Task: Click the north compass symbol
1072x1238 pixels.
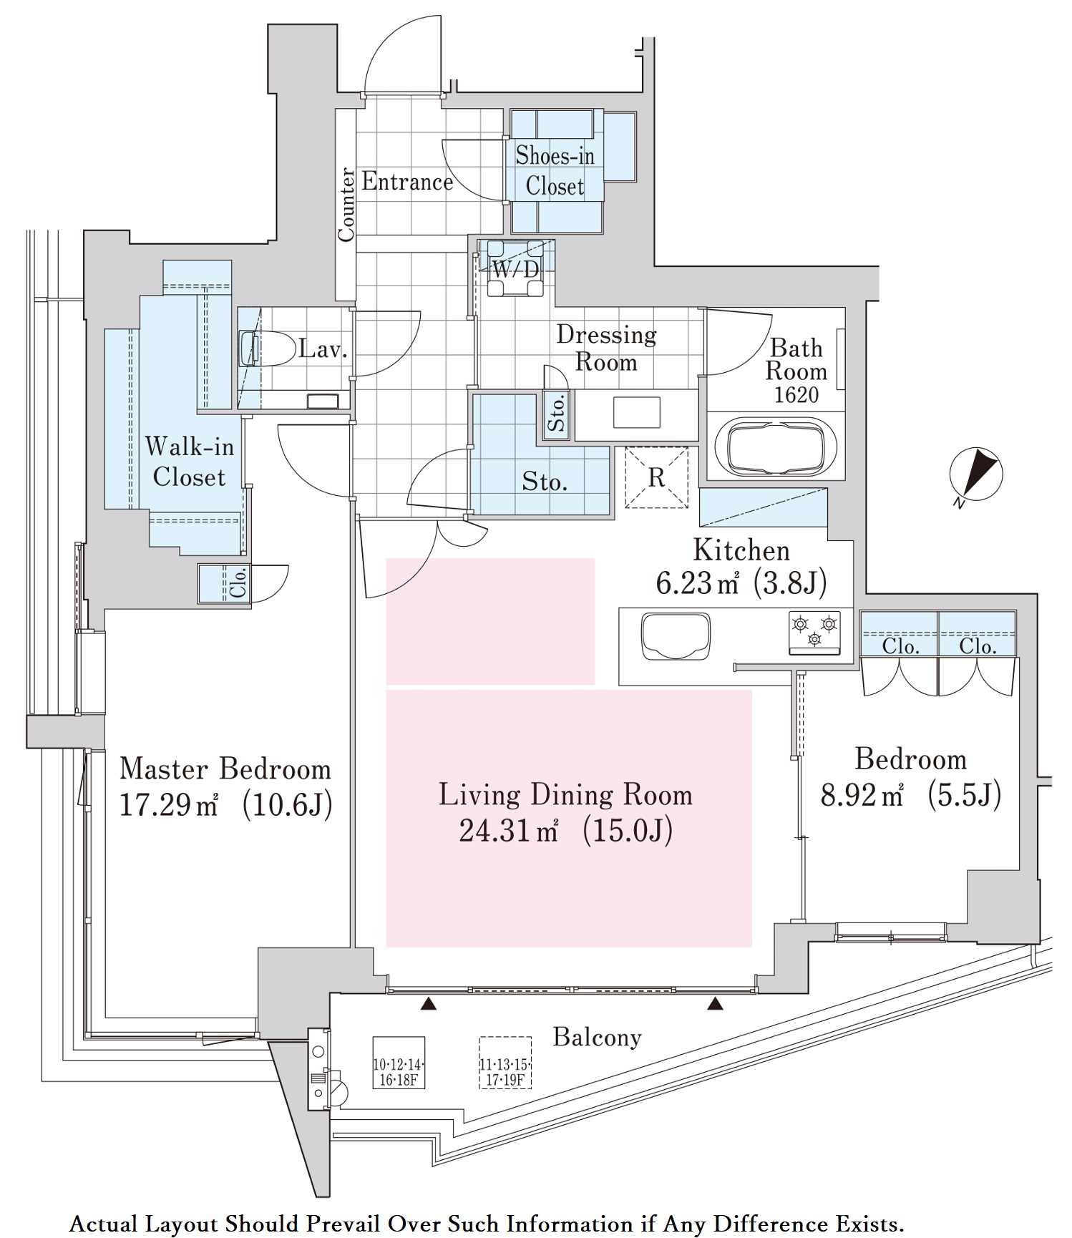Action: [x=975, y=474]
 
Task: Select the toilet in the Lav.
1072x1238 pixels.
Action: [x=268, y=349]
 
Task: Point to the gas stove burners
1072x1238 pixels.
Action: [x=814, y=632]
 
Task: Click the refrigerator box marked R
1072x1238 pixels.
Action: [x=656, y=477]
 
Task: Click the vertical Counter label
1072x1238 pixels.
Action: [x=346, y=204]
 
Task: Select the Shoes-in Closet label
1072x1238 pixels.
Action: [x=555, y=171]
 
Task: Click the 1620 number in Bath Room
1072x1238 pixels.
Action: [x=796, y=394]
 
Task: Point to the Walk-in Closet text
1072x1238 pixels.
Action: [x=189, y=462]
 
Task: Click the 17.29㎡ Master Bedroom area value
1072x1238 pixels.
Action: [x=169, y=806]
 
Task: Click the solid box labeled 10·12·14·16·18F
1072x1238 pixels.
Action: [x=399, y=1063]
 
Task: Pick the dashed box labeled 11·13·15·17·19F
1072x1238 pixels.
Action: [x=505, y=1063]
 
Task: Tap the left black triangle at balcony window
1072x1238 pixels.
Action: [x=428, y=1005]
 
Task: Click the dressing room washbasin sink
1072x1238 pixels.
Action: [x=636, y=412]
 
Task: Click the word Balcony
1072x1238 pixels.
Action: [x=597, y=1037]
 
